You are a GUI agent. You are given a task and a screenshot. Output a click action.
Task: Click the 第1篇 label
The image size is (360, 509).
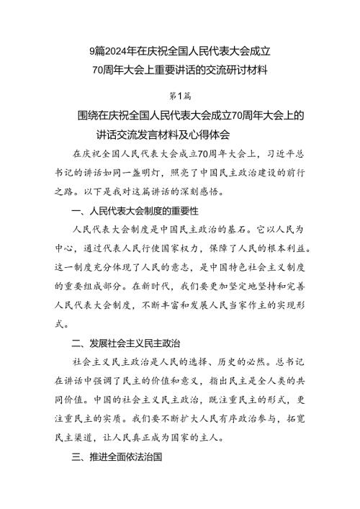point(179,94)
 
